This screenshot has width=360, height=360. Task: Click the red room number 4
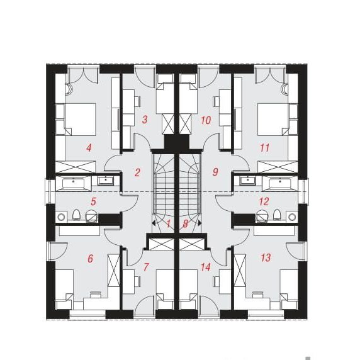[89, 148]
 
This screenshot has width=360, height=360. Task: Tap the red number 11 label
[264, 148]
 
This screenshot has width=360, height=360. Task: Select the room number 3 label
[145, 120]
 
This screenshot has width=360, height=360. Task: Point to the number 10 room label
[206, 120]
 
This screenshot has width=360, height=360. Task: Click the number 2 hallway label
[137, 172]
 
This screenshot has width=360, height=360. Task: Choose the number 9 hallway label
[215, 172]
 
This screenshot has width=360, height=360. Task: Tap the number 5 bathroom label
[93, 201]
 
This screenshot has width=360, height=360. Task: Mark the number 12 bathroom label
[264, 201]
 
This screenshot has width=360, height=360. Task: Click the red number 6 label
[91, 259]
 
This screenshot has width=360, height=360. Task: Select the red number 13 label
[266, 257]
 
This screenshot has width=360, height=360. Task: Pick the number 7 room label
[146, 267]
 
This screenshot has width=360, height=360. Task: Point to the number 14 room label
[206, 267]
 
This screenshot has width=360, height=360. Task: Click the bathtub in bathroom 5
[74, 183]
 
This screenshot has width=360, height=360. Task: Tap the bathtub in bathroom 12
[280, 183]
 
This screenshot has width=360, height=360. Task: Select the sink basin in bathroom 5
[106, 181]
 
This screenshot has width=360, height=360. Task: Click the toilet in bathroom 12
[277, 215]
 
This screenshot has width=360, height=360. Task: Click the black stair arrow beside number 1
[154, 223]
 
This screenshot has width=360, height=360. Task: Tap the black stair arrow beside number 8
[200, 223]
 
